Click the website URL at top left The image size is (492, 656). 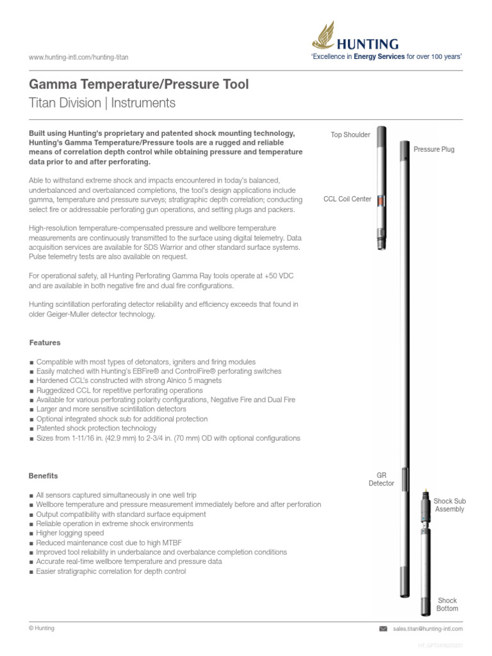79,58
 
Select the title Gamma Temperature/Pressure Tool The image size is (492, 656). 139,85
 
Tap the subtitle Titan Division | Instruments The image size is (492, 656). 102,102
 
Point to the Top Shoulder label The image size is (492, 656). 350,135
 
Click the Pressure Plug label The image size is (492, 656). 434,149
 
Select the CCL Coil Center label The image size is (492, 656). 347,199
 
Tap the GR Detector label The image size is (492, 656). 381,479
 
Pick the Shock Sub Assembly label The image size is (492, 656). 449,505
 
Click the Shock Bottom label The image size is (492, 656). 447,604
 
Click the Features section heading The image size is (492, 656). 45,343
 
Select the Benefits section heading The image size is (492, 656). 44,476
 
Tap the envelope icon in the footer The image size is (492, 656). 384,629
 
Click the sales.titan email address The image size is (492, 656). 427,629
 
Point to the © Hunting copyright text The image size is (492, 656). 42,628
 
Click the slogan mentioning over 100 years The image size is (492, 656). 386,57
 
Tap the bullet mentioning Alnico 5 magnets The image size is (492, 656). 129,381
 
